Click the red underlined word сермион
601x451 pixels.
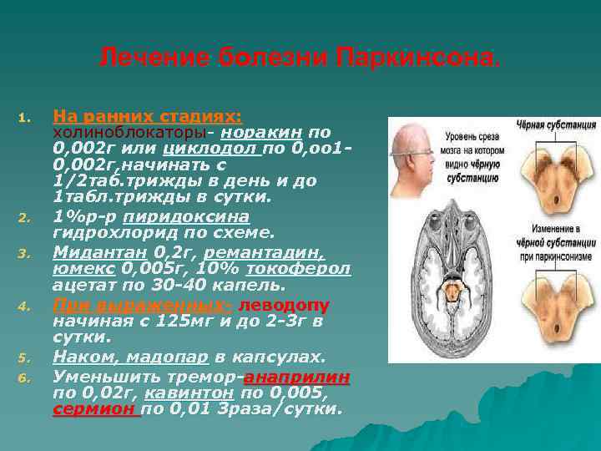point(94,410)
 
